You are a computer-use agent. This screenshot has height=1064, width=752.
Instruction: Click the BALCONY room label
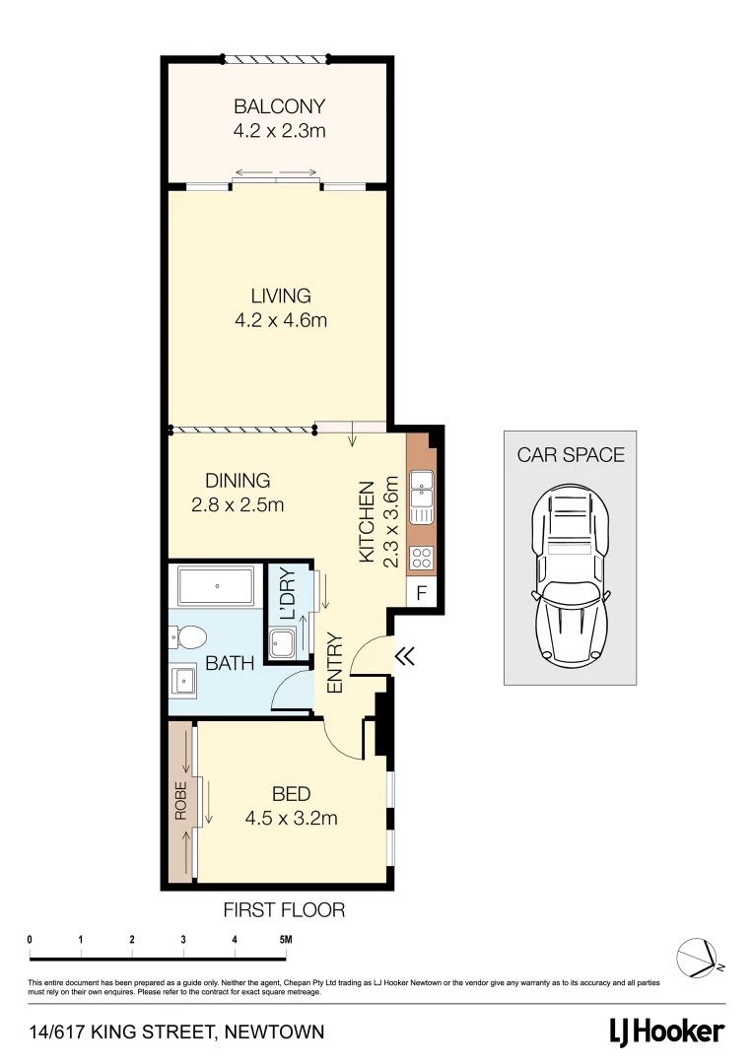click(x=279, y=106)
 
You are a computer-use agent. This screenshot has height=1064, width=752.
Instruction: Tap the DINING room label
click(x=238, y=481)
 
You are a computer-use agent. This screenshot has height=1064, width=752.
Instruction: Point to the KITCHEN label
click(x=367, y=521)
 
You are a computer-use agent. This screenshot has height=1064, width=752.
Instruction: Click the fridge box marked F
click(x=421, y=593)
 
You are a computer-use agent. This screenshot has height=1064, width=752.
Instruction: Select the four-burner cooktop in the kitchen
click(x=422, y=557)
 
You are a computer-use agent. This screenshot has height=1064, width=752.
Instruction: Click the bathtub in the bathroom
click(x=216, y=589)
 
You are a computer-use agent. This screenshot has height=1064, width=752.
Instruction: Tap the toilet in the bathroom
click(x=188, y=636)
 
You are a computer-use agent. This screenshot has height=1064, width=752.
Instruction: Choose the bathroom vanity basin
click(x=184, y=680)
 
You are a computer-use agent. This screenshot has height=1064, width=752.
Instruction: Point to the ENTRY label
click(x=335, y=662)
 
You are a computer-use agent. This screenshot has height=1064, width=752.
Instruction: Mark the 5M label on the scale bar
click(x=286, y=939)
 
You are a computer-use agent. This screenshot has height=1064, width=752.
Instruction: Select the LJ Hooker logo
click(x=665, y=1031)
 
